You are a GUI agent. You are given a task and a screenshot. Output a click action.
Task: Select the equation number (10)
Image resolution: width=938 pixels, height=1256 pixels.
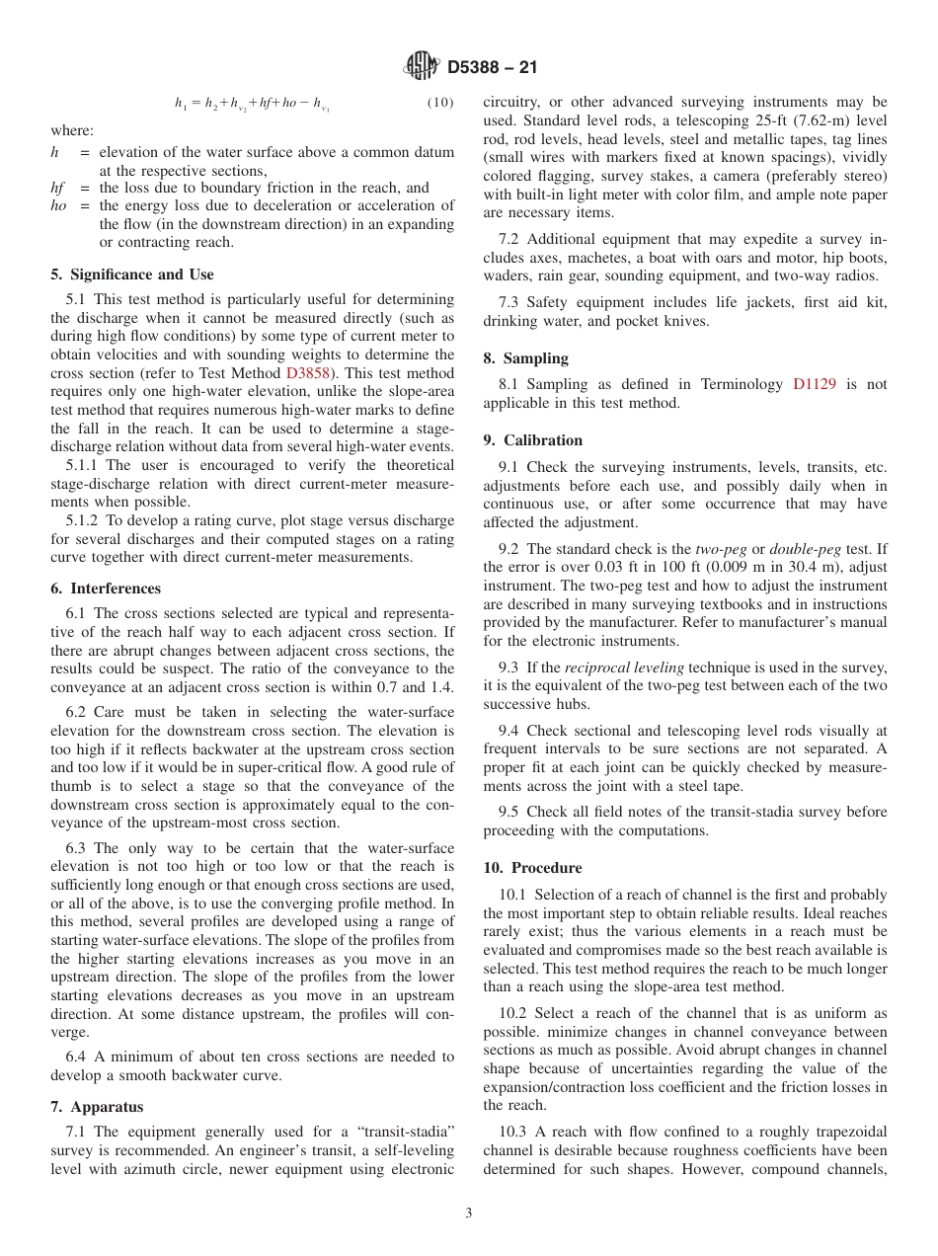coord(439,103)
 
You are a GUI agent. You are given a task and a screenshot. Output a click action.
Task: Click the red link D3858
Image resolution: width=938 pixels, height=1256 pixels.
coord(308,373)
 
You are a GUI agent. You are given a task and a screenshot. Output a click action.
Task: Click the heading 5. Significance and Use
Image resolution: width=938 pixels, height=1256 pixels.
coord(132,275)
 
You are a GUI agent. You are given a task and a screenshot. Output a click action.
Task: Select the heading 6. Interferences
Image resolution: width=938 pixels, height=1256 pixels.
coord(106,589)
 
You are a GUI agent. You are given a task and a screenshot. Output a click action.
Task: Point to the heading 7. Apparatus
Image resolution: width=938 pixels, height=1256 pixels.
coord(97,1107)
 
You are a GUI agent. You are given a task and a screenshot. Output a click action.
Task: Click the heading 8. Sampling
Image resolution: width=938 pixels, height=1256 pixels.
coord(525,358)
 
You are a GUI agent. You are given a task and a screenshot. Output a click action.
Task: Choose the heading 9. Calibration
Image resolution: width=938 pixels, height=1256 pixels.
coord(532,440)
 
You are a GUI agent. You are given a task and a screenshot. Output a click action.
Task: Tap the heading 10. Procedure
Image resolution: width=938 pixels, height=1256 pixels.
coord(532,868)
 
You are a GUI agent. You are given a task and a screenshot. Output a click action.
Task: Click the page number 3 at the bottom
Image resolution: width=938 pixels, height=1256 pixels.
coord(468,1214)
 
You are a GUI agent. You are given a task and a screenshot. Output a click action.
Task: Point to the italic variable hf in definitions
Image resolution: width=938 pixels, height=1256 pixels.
coord(58,188)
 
